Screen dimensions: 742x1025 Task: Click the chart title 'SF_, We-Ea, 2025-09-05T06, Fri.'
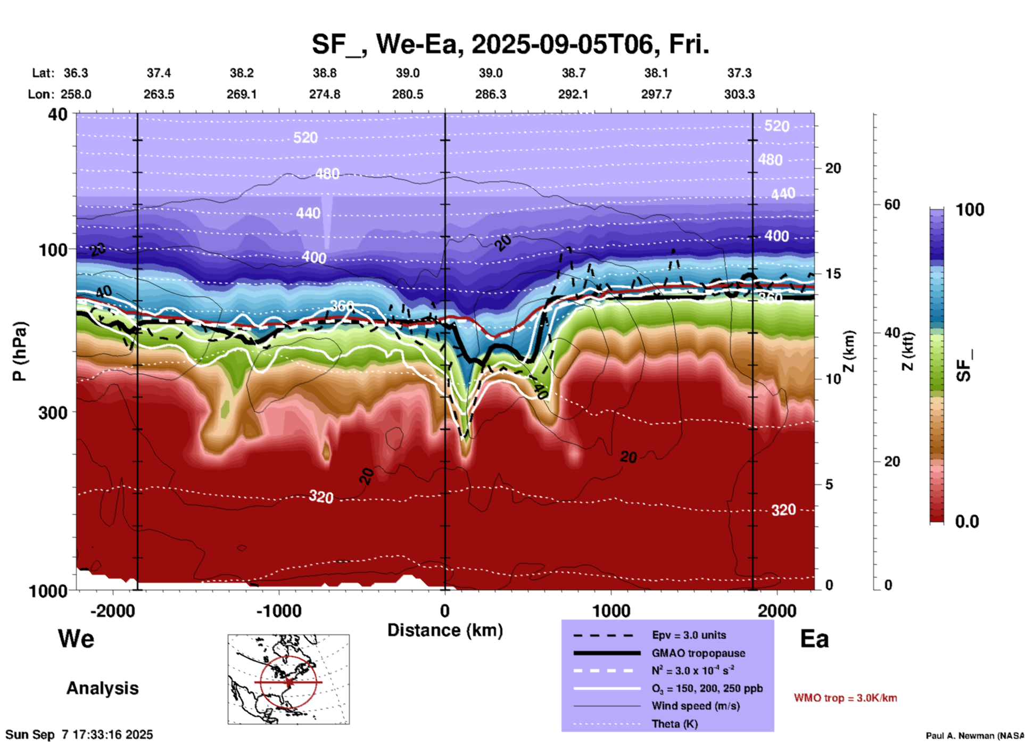pos(510,44)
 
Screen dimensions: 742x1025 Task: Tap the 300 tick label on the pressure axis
pos(53,413)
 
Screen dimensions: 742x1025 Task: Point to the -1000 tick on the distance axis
pos(278,611)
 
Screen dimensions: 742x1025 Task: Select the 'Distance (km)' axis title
pos(445,630)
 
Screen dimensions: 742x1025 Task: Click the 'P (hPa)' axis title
pos(20,351)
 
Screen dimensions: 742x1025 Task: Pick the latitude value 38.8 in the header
pos(325,73)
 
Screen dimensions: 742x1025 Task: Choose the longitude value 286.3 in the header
pos(491,95)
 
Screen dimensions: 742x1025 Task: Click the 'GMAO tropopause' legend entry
pos(698,653)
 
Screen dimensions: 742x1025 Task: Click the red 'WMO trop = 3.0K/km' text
pos(845,698)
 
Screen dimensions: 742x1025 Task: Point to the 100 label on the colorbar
pos(970,210)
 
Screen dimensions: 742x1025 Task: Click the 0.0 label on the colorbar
pos(967,522)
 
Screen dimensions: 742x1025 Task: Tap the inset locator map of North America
pos(288,679)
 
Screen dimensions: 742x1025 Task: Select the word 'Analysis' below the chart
pos(102,688)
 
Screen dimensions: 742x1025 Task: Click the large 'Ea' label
pos(814,639)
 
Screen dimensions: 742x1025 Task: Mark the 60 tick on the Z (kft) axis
pos(892,204)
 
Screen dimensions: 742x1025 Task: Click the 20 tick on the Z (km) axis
pos(833,169)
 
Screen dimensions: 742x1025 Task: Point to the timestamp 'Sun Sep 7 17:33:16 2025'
pos(79,735)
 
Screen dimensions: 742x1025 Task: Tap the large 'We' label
pos(76,639)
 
